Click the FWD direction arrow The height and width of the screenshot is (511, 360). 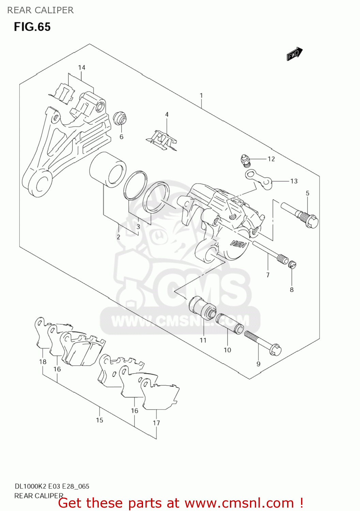tap(294, 54)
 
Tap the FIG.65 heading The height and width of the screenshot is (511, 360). tap(32, 27)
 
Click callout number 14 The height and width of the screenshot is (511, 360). tap(82, 67)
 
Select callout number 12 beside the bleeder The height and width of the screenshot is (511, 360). tap(271, 159)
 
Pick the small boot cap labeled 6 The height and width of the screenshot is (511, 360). tap(120, 118)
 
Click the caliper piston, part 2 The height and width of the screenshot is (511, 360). tap(108, 170)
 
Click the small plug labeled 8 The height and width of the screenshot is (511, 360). tap(292, 264)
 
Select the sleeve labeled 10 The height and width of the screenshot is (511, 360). tap(230, 324)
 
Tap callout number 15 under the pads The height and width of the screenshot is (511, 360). tap(99, 420)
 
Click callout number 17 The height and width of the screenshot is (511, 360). tap(156, 423)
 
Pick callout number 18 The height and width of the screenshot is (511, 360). tap(43, 361)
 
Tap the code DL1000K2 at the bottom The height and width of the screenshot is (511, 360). tap(30, 486)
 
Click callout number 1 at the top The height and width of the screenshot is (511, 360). tap(201, 95)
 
